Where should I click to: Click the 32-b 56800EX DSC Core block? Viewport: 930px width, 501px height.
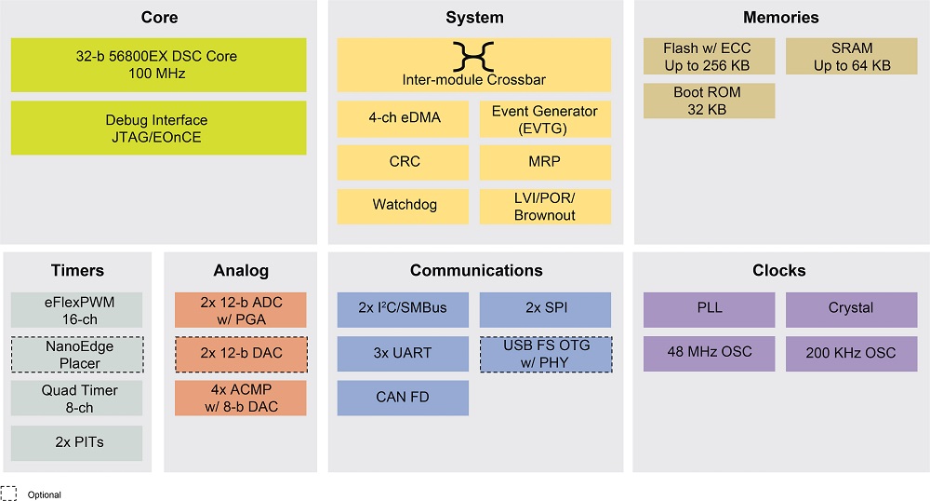click(x=158, y=64)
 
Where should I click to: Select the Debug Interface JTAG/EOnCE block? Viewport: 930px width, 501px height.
click(x=158, y=128)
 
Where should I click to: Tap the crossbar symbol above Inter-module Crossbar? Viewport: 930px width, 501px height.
click(x=473, y=57)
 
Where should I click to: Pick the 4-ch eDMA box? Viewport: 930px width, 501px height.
click(x=403, y=118)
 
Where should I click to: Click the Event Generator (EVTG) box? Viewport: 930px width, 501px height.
click(x=545, y=118)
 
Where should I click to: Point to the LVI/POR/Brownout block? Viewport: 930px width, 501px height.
click(x=545, y=207)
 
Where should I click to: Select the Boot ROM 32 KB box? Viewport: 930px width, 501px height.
click(x=709, y=101)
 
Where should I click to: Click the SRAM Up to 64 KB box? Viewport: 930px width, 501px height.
click(x=851, y=57)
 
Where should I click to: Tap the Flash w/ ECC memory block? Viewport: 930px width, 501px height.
click(x=709, y=57)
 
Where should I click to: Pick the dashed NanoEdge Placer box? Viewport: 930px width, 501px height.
click(x=77, y=355)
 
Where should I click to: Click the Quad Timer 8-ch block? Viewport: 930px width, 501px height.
click(x=76, y=399)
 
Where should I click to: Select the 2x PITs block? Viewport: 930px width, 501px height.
click(x=76, y=443)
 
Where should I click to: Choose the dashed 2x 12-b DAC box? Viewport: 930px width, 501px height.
click(x=241, y=355)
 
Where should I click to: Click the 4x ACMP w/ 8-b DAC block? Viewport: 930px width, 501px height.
click(x=240, y=399)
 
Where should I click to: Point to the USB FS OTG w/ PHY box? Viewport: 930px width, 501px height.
click(x=546, y=355)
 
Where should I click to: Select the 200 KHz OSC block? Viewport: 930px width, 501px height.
click(x=851, y=354)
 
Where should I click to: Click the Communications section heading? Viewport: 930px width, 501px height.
click(x=476, y=271)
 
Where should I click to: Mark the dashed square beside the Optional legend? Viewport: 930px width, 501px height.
click(x=8, y=494)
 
